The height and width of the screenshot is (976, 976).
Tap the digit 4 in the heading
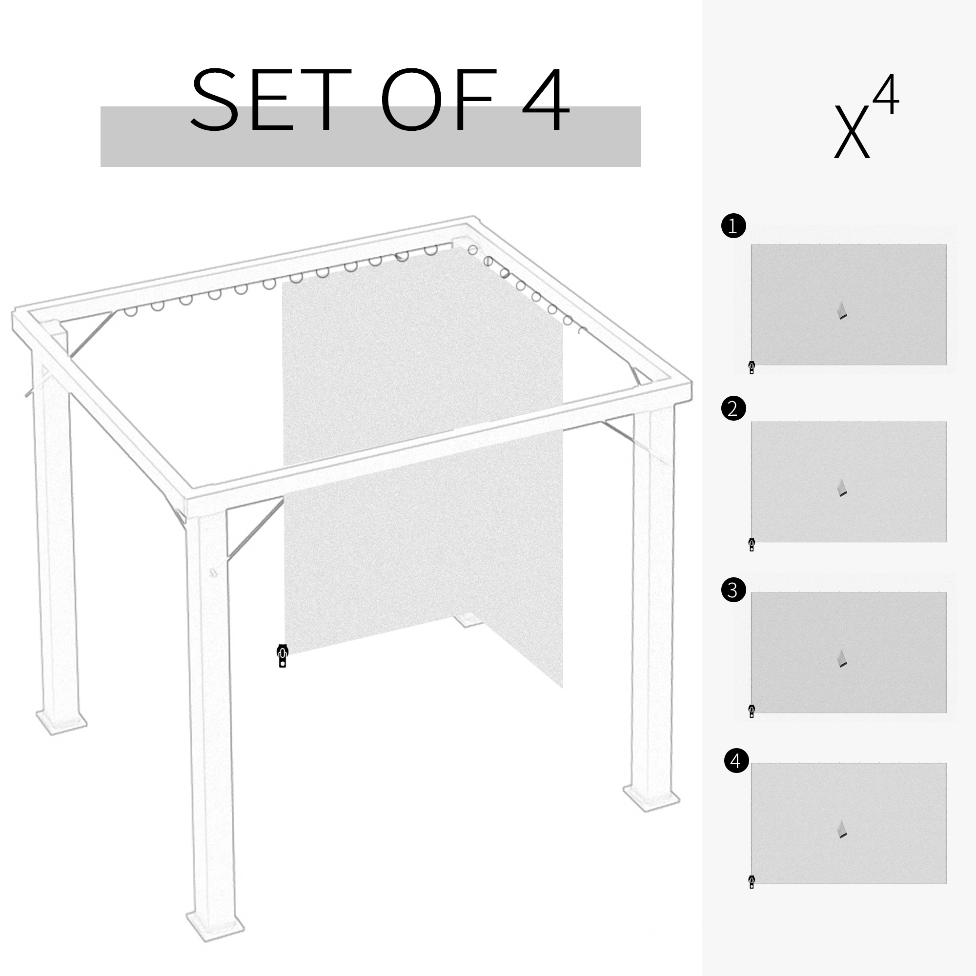546,100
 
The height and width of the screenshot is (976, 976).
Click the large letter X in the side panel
852,132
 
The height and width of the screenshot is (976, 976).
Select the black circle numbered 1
733,226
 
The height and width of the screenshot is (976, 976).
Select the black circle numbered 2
733,408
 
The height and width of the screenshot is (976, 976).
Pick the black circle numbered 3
733,590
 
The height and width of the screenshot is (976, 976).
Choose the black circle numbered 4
736,761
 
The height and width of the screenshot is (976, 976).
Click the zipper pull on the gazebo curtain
283,656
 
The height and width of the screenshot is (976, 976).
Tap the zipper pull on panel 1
752,367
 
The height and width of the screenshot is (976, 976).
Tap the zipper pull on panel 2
752,545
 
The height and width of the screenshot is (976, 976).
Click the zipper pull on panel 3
752,711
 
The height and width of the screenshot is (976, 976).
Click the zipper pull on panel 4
752,881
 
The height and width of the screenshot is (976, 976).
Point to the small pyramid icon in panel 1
842,311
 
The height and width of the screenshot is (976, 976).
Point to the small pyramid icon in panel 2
842,488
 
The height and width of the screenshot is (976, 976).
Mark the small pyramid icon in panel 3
842,659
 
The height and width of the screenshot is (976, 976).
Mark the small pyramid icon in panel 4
842,830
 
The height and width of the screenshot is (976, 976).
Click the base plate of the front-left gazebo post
215,928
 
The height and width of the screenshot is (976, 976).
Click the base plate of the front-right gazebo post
651,798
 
